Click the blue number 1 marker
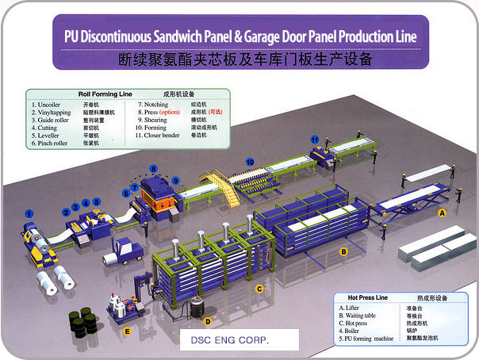click(29, 213)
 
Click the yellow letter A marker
click(443, 213)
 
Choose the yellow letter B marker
click(343, 252)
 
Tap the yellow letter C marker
click(259, 289)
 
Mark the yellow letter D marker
click(208, 322)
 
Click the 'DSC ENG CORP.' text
click(226, 339)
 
